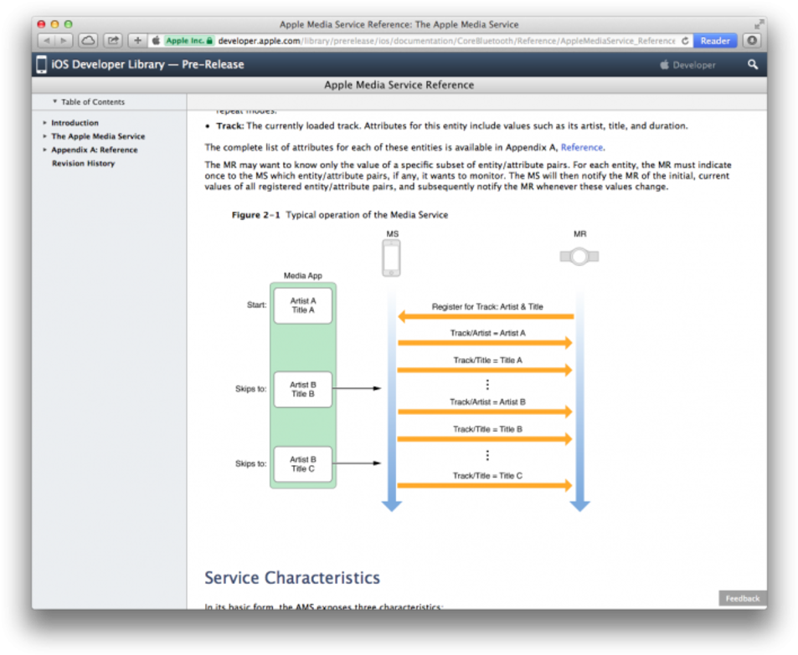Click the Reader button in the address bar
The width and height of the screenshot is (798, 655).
tap(714, 40)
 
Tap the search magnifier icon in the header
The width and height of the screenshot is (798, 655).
tap(752, 64)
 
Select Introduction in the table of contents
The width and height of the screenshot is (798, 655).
tap(75, 123)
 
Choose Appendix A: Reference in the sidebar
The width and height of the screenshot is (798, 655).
tap(94, 150)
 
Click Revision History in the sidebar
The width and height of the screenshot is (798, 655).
tap(83, 163)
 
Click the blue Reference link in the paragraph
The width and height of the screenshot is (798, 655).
tap(581, 147)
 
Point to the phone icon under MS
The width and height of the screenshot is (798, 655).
tap(391, 258)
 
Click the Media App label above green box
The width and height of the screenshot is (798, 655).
tap(302, 275)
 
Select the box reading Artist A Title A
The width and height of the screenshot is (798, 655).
tap(302, 305)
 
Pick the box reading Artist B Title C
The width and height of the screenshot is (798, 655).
tap(302, 464)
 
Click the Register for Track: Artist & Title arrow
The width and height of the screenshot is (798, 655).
tap(486, 316)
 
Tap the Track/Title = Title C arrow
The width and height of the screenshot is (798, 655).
tap(486, 485)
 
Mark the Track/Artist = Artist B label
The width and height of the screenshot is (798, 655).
tap(487, 402)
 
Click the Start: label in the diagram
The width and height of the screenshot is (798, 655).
tap(256, 305)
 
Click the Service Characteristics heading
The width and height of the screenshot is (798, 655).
tap(291, 578)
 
